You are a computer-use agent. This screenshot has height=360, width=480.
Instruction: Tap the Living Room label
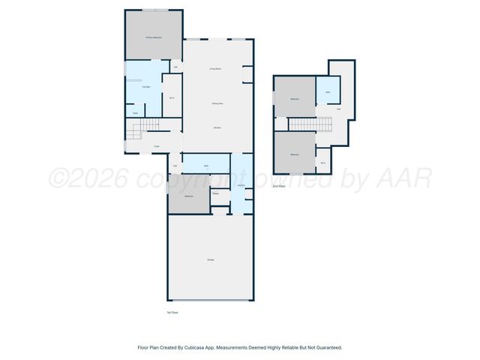(x=214, y=69)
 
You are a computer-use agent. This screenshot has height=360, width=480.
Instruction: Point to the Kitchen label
(x=216, y=128)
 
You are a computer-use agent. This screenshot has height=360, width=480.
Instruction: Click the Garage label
(x=210, y=259)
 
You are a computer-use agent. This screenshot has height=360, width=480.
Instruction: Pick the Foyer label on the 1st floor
(x=157, y=146)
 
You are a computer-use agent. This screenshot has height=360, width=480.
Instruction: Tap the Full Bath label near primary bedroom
(x=146, y=87)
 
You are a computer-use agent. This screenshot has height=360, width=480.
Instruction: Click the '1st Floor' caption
(x=172, y=312)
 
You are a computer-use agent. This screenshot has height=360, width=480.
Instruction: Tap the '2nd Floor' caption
(x=278, y=185)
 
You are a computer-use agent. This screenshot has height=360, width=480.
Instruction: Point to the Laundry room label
(x=241, y=186)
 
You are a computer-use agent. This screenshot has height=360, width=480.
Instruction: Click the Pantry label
(x=215, y=193)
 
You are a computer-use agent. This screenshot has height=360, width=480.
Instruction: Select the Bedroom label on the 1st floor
(x=189, y=196)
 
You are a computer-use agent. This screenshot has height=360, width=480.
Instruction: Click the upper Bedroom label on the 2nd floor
(x=295, y=99)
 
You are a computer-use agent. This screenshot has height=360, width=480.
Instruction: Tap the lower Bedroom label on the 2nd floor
(x=295, y=154)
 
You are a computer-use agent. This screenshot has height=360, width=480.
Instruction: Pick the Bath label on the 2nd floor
(x=328, y=92)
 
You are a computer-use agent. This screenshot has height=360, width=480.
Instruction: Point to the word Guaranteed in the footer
(x=328, y=347)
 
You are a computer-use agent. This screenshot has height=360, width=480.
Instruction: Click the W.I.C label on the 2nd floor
(x=322, y=163)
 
